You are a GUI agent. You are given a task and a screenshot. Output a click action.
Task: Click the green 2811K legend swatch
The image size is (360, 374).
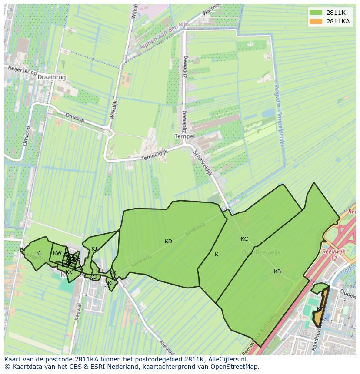[x=316, y=13]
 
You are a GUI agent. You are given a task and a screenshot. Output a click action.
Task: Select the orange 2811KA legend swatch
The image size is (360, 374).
[x=316, y=21]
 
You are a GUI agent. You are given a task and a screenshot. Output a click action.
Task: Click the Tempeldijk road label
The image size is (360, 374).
[x=156, y=154]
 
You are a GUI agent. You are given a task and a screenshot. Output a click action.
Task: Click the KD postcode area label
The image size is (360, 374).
[x=168, y=242]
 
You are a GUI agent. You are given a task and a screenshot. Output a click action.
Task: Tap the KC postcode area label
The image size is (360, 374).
[x=244, y=239]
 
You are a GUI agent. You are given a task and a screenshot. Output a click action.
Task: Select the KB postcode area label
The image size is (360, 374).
[x=277, y=271]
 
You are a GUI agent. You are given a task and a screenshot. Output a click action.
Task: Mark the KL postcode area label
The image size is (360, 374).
[x=39, y=253]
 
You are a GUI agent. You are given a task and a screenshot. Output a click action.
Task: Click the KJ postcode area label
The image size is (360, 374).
[x=94, y=249]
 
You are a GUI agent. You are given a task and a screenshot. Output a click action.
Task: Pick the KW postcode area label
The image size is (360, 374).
[x=57, y=253]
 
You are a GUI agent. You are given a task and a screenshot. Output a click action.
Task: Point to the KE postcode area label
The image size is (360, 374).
[x=111, y=283]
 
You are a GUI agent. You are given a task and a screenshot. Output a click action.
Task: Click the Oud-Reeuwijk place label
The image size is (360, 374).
[x=261, y=252]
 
